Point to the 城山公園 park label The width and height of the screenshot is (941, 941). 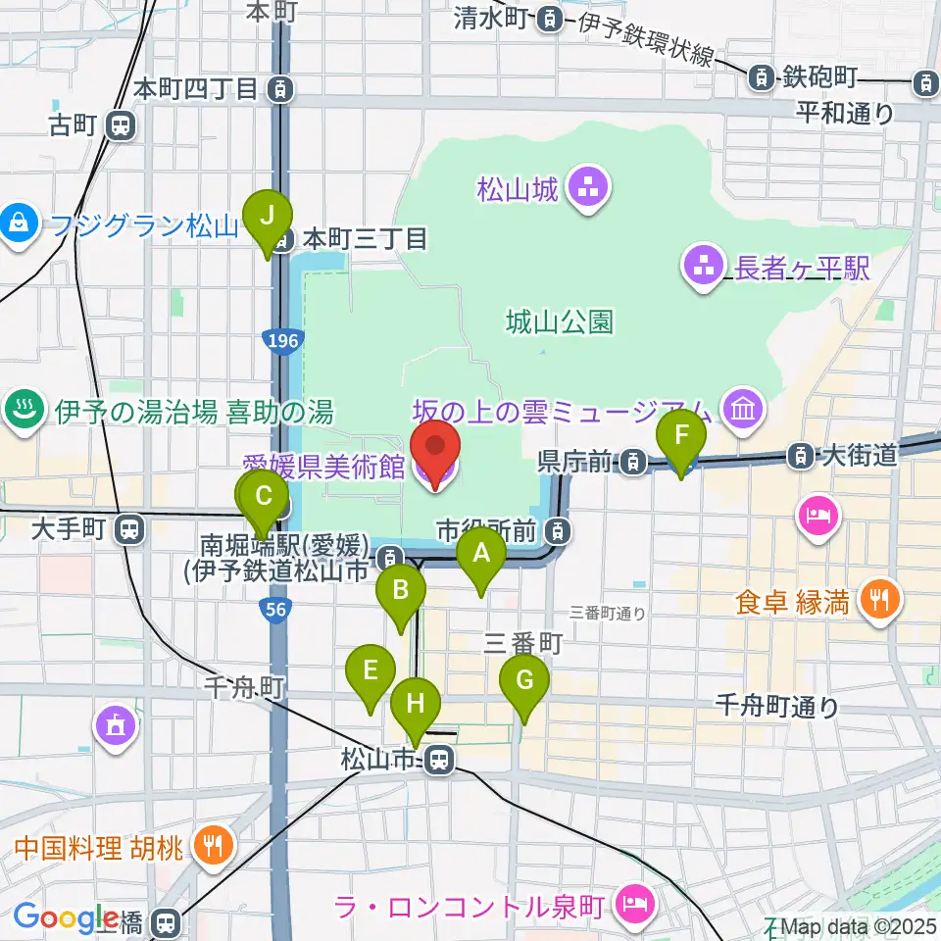(x=560, y=322)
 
